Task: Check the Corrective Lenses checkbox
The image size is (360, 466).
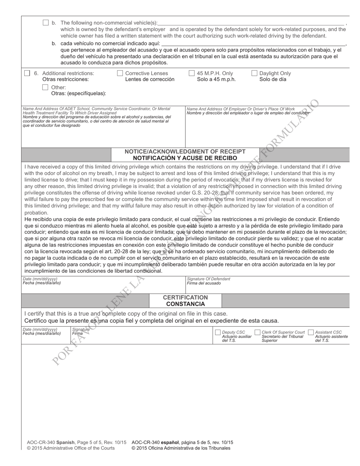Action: click(x=120, y=73)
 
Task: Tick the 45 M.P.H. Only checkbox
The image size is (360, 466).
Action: click(x=191, y=73)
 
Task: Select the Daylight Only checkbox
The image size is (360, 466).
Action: click(x=254, y=73)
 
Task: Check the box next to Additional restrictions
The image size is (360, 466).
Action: click(x=27, y=73)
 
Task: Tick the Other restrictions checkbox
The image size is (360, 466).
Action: click(x=45, y=87)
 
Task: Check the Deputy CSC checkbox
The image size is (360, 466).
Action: click(x=218, y=332)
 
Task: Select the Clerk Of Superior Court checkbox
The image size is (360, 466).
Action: click(x=257, y=332)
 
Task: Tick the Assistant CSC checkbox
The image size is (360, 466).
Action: click(x=311, y=332)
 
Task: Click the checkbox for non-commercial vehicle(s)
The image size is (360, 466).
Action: click(x=45, y=23)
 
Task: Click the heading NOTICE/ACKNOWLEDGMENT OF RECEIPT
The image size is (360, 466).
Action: click(x=185, y=152)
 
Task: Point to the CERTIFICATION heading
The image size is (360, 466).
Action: click(x=185, y=297)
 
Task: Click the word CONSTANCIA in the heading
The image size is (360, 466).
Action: click(x=185, y=304)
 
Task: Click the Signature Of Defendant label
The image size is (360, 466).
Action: click(x=208, y=279)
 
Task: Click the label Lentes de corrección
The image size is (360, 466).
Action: click(x=150, y=80)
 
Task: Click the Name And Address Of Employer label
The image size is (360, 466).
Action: click(x=241, y=109)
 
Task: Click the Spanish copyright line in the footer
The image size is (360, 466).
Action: click(x=181, y=448)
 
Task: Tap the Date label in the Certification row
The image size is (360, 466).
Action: click(x=40, y=330)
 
